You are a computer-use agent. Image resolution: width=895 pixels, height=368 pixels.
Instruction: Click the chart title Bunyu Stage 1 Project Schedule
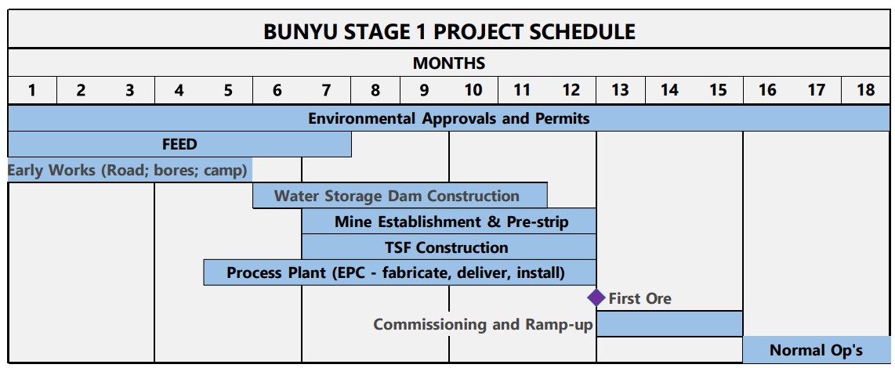449,32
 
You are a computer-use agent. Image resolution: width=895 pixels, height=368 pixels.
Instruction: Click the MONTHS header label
449,63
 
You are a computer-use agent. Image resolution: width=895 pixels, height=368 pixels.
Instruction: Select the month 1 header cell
32,90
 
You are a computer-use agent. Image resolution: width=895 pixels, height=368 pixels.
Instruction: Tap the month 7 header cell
326,90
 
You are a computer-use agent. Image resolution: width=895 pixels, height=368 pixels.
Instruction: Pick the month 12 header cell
571,90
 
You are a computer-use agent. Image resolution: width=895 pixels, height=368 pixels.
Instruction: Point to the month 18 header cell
865,90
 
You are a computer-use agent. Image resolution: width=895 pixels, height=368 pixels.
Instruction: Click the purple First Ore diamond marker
596,298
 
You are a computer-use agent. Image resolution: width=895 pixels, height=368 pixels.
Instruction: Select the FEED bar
179,144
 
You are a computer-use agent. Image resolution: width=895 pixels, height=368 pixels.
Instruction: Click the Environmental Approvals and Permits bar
449,119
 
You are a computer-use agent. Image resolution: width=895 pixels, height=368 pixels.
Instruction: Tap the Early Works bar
129,170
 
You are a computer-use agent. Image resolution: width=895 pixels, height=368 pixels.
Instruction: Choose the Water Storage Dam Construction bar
400,196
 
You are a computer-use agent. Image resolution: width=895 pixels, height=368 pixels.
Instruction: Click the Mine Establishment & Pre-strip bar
449,222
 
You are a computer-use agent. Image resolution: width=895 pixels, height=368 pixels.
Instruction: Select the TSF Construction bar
449,247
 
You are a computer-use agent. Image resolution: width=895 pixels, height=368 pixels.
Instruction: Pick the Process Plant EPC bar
400,273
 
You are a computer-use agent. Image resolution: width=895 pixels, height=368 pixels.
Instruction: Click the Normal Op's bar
816,350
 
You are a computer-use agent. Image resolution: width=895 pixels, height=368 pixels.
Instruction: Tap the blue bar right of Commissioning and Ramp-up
669,323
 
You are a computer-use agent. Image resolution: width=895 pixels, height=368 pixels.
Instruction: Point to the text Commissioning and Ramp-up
483,324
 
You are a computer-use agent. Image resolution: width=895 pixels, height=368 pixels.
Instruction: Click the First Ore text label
640,298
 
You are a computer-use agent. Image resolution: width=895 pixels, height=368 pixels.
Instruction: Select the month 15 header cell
718,90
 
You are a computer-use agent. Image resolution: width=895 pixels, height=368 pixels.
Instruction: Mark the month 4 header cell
179,90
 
